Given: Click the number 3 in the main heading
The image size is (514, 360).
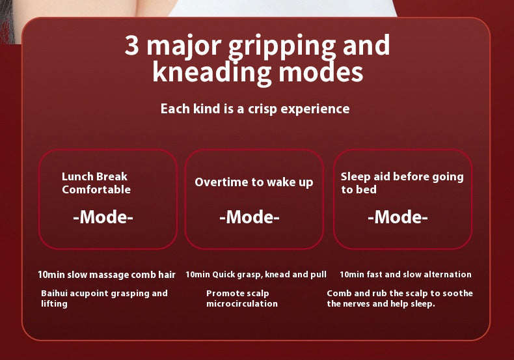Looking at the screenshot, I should [131, 46].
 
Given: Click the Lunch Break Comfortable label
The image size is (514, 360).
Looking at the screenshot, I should [96, 183].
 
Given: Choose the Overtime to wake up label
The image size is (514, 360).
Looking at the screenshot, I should [254, 182].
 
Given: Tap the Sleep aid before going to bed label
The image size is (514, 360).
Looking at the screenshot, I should [401, 183].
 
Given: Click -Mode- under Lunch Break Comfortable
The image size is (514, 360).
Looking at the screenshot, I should [103, 217].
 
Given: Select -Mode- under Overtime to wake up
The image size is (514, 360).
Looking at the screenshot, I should [249, 217].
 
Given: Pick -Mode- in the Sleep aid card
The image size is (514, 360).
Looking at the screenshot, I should [398, 217].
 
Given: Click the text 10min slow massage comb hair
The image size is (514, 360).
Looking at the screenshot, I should [107, 275].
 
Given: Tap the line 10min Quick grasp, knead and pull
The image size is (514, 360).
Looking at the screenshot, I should [256, 275].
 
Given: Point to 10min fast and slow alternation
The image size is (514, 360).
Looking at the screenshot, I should [405, 275].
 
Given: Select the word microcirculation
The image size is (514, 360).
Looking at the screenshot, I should [242, 304].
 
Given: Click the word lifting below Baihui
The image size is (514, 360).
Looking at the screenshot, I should [54, 304].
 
